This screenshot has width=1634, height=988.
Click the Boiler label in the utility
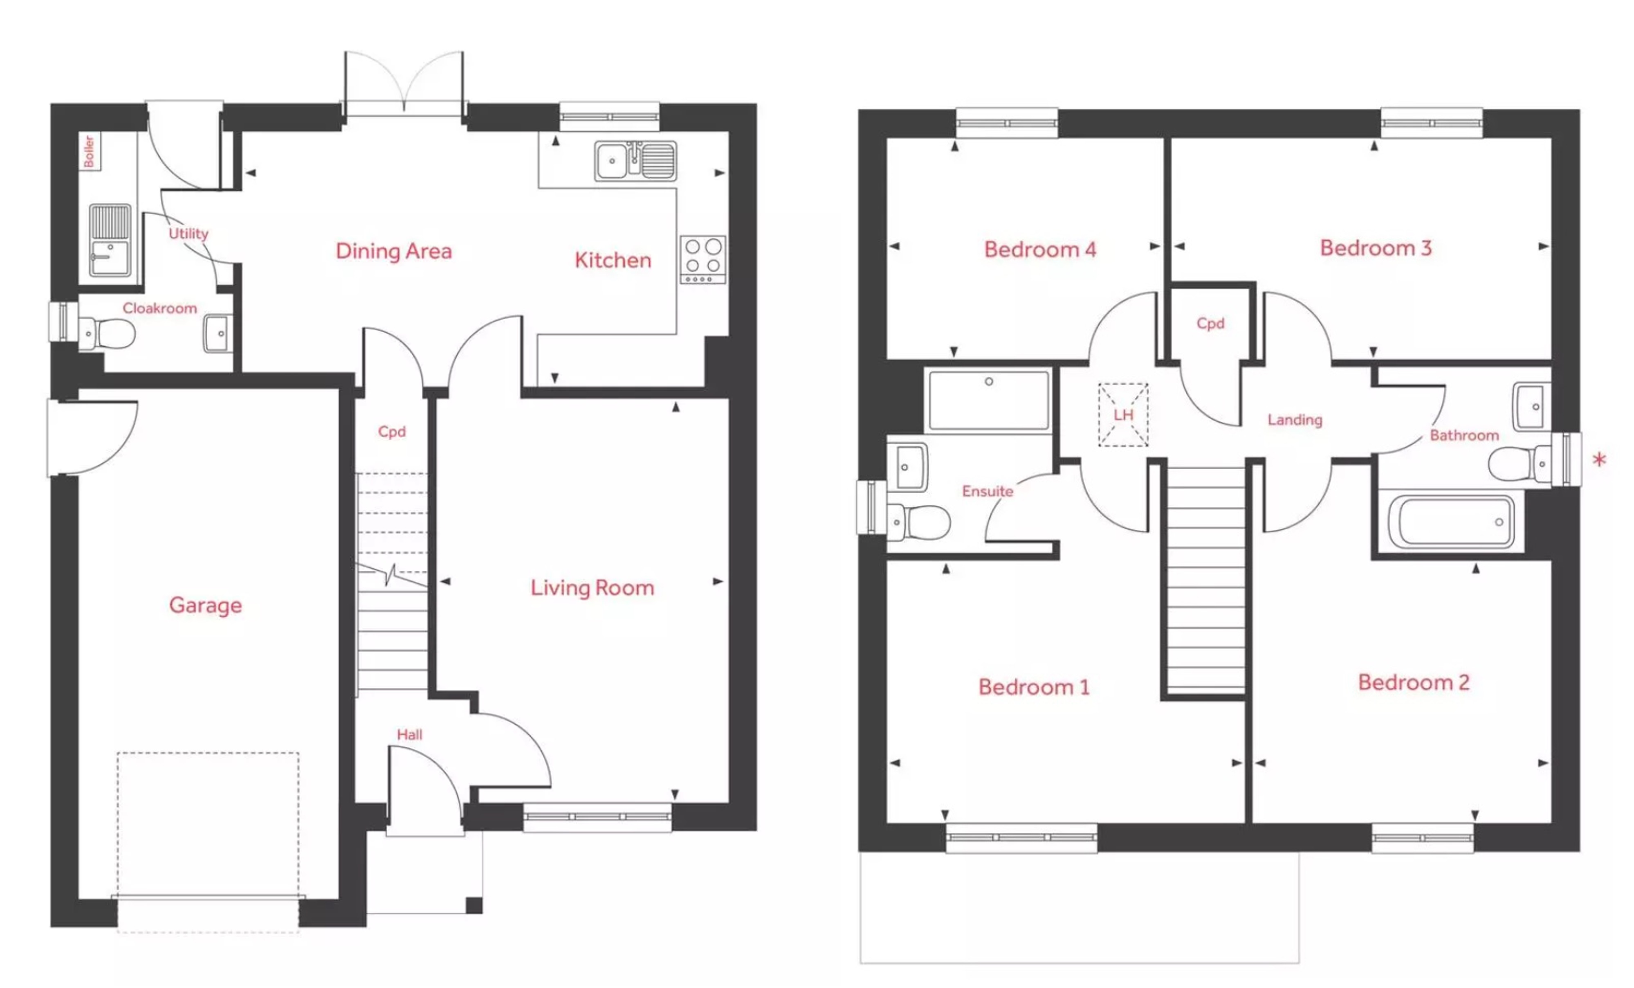pyautogui.click(x=89, y=151)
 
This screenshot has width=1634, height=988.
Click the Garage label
pyautogui.click(x=206, y=605)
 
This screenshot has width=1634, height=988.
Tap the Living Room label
pyautogui.click(x=592, y=588)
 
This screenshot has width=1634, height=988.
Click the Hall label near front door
pyautogui.click(x=409, y=734)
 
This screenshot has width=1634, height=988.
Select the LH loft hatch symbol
pyautogui.click(x=1123, y=415)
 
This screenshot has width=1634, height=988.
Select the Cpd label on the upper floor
pyautogui.click(x=1210, y=324)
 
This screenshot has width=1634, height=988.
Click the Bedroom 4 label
pyautogui.click(x=1040, y=250)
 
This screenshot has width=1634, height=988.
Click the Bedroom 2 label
pyautogui.click(x=1413, y=682)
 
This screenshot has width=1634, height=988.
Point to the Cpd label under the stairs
pyautogui.click(x=391, y=432)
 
